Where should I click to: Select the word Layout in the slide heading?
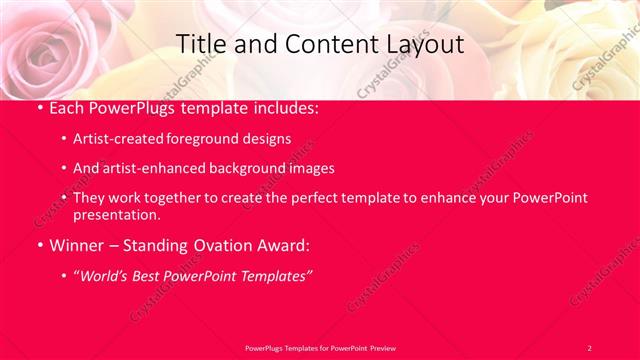(x=424, y=44)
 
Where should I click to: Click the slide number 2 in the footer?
(x=589, y=347)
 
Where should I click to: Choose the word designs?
(x=269, y=138)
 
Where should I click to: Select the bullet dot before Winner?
(x=39, y=244)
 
